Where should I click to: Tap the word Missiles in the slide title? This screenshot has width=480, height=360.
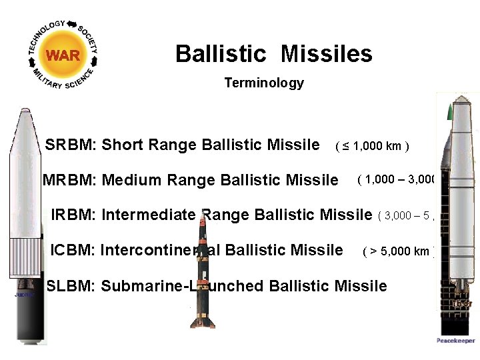click(326, 53)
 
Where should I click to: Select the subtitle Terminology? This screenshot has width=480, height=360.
click(264, 83)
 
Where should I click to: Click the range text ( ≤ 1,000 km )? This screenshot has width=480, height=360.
click(372, 146)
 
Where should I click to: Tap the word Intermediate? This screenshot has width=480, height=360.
click(149, 215)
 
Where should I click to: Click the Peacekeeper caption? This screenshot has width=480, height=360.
click(456, 341)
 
